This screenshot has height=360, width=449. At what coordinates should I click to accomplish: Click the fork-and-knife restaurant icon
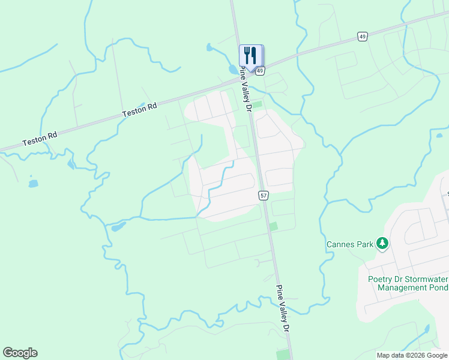250,55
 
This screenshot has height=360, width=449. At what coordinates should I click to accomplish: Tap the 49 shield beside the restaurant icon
260,71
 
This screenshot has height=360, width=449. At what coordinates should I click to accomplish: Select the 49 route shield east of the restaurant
362,37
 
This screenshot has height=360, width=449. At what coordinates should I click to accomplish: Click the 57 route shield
264,196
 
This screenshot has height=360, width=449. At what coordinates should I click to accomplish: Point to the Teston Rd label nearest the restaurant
139,109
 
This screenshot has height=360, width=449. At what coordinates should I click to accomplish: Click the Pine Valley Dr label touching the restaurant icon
246,89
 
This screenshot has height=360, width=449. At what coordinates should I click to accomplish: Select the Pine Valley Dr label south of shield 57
283,308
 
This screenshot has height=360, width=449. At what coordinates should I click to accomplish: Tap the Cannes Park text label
349,244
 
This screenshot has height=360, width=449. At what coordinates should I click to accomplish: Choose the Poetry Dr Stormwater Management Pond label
408,283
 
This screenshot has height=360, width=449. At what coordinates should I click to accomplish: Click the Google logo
20,353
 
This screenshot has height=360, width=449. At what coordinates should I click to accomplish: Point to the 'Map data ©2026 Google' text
412,355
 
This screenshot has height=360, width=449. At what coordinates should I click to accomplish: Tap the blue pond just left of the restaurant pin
233,70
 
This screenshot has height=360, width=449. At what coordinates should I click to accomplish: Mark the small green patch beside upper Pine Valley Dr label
258,104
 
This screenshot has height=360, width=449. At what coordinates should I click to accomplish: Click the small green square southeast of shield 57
274,226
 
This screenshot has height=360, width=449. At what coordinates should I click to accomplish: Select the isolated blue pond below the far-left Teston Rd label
33,183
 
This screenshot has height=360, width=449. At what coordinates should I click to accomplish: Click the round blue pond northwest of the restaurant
208,47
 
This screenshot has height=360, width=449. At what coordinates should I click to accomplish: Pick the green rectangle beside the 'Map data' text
283,354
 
